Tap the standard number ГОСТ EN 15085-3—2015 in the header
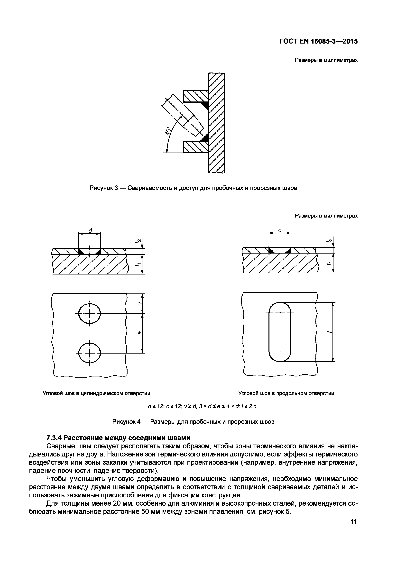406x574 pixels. tap(318, 41)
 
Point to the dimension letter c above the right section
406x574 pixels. tap(280, 230)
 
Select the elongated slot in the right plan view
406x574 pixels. tap(280, 332)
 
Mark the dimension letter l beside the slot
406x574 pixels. tap(330, 332)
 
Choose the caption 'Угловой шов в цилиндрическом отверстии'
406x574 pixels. tap(96, 393)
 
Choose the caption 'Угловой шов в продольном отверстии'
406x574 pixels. tap(286, 393)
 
